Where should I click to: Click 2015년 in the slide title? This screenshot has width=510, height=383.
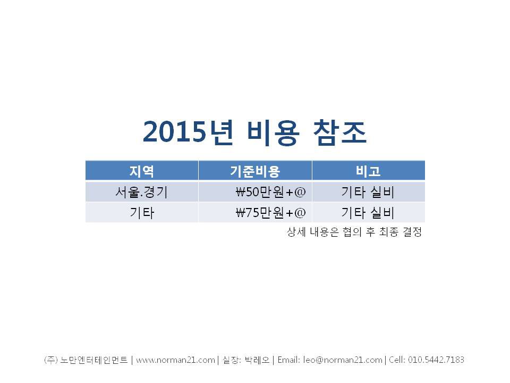point(188,132)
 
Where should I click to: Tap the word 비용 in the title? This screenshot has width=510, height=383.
point(273,132)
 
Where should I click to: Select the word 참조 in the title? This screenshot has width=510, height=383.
point(340,132)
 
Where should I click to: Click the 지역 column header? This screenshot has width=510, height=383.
point(141,171)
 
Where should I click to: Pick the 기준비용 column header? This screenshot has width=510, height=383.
point(255,171)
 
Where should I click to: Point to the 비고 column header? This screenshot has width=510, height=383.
point(368,171)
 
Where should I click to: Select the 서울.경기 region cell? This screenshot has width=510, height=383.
point(141,192)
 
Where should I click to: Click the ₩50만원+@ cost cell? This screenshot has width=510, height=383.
point(270,192)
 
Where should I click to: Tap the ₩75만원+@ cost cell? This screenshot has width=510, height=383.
point(270,213)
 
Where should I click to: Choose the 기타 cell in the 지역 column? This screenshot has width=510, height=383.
point(142,213)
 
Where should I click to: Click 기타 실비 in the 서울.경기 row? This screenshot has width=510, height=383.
point(368,192)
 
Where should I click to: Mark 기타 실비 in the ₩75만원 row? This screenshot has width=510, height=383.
point(368,213)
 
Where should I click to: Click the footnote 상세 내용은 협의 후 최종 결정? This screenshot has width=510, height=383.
point(354,232)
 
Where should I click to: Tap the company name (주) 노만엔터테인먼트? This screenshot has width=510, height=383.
point(86,360)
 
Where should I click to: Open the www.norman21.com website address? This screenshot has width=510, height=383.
point(175,360)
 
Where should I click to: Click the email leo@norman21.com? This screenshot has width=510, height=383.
point(343,360)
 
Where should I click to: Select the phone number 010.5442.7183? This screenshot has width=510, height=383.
point(436,360)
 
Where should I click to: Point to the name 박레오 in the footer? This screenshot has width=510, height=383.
point(257,360)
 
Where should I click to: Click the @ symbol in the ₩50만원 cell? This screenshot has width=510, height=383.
point(300,192)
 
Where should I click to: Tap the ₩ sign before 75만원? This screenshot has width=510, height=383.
point(240,213)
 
